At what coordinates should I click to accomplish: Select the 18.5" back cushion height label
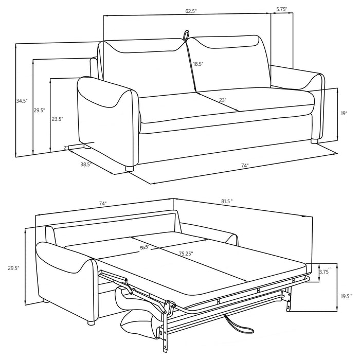coord(198,64)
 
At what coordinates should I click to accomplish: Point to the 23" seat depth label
coord(222,101)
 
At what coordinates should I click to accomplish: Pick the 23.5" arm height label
coord(57,118)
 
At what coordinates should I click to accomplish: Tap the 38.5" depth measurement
coord(86,166)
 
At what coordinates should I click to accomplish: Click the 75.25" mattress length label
coord(189,253)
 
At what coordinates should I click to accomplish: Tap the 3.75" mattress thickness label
coord(325,272)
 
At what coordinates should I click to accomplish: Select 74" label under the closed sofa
coord(244,166)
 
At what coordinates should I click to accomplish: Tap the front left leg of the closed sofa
coord(129,168)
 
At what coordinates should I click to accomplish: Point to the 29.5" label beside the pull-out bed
coord(14,268)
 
